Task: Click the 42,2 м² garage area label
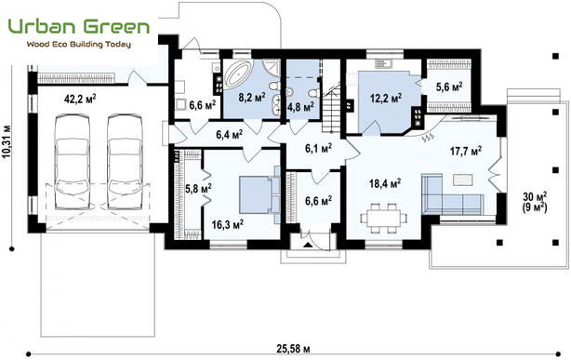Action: (80, 99)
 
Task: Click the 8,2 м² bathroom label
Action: (252, 97)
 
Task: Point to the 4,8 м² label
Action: (300, 107)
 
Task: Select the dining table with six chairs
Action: (383, 218)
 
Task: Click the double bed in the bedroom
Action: (259, 195)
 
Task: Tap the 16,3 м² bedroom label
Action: (228, 224)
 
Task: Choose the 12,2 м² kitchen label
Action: (386, 98)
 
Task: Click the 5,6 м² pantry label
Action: (449, 87)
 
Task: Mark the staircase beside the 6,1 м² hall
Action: (331, 110)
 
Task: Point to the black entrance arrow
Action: (308, 245)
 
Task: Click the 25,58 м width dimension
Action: (293, 348)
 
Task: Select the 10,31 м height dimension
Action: (7, 142)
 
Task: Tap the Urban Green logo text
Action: (79, 27)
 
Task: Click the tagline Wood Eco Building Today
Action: (79, 45)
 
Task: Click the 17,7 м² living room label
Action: (466, 151)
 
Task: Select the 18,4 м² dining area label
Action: (385, 183)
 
